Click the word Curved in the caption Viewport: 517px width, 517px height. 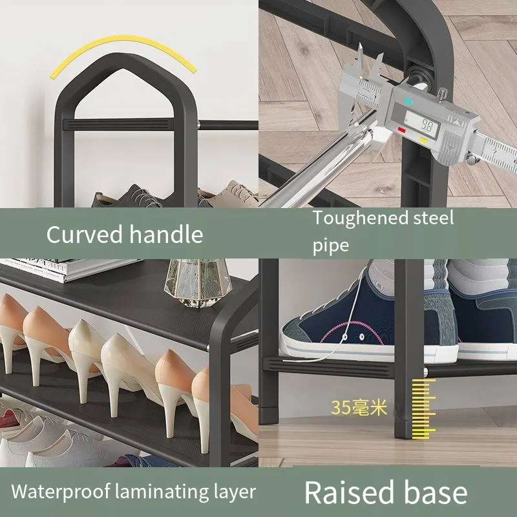tap(85, 234)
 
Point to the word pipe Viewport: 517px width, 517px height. tap(331, 245)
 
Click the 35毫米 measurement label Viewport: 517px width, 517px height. tap(359, 407)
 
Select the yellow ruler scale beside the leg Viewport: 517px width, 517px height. tap(424, 407)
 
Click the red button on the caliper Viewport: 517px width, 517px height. tap(402, 129)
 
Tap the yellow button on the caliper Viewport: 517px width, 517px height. tap(424, 139)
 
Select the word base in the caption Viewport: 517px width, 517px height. tap(434, 492)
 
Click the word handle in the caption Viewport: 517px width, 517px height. tap(166, 234)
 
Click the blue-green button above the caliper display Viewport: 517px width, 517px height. tap(408, 101)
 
